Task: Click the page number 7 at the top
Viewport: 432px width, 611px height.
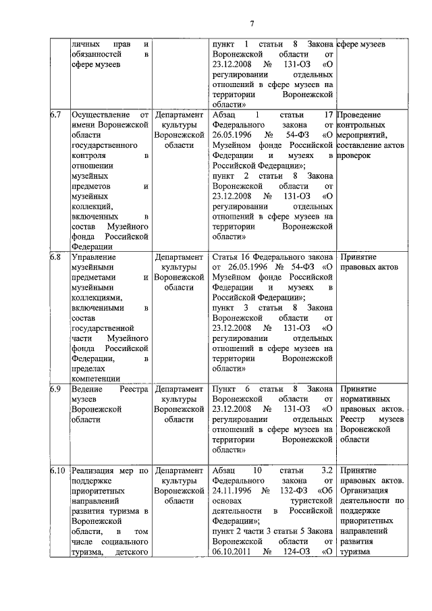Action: pyautogui.click(x=251, y=25)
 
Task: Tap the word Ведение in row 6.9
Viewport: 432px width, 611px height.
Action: pyautogui.click(x=86, y=390)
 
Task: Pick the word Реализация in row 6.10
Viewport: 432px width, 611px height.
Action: pyautogui.click(x=94, y=471)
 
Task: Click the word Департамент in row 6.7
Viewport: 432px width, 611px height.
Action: pyautogui.click(x=179, y=115)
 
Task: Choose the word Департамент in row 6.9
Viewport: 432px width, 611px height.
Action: pyautogui.click(x=179, y=390)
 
